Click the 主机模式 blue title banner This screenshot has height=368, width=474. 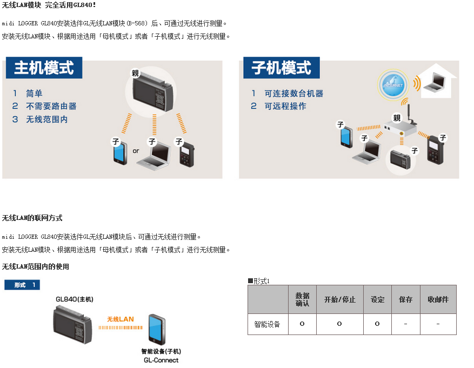(44, 68)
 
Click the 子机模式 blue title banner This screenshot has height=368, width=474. (282, 68)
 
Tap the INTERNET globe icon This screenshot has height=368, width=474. (393, 85)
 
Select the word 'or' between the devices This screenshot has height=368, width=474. (136, 151)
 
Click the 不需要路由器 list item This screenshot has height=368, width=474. (51, 106)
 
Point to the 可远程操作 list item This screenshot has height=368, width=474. (285, 106)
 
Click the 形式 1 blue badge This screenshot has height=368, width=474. (22, 285)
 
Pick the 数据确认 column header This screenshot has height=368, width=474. (302, 299)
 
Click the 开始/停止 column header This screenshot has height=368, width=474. (340, 299)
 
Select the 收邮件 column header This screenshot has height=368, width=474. (438, 299)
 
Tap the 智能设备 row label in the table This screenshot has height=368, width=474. (267, 324)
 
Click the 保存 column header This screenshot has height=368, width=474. (406, 299)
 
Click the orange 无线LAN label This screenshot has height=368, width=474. (121, 319)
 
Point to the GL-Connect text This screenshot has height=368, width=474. (161, 360)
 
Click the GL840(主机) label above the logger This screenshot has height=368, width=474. (75, 299)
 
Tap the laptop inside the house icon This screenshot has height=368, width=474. (435, 82)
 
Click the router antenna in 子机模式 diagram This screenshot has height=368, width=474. (409, 113)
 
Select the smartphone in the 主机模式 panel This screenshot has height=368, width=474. (120, 153)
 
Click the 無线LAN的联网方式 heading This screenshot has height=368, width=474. (32, 218)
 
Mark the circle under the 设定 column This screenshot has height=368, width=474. (377, 324)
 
